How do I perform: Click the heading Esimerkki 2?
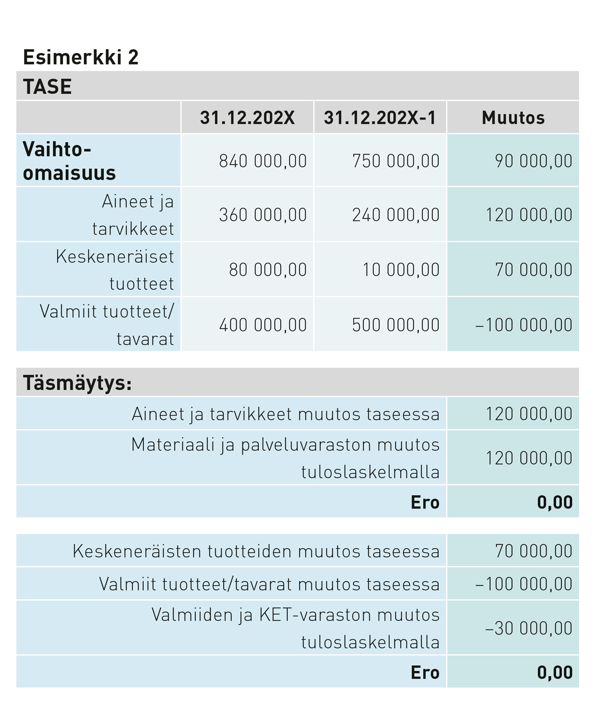81,57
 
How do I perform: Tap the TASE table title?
48,87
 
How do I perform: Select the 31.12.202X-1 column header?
380,118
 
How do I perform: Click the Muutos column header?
513,118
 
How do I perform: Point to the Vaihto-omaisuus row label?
69,161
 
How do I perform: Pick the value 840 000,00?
263,161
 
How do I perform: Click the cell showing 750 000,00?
396,161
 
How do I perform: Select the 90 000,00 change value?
534,161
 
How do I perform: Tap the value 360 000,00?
263,215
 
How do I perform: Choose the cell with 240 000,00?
396,215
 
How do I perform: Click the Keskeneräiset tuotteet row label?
115,270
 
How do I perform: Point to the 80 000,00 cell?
268,270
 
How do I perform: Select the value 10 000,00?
401,270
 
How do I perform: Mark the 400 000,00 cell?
263,325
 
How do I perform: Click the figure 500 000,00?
396,325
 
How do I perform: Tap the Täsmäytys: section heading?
77,383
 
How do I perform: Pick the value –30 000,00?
529,629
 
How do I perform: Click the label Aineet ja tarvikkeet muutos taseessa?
286,414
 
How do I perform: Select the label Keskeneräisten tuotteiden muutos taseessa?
256,551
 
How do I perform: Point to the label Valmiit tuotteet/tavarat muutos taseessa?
269,584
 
